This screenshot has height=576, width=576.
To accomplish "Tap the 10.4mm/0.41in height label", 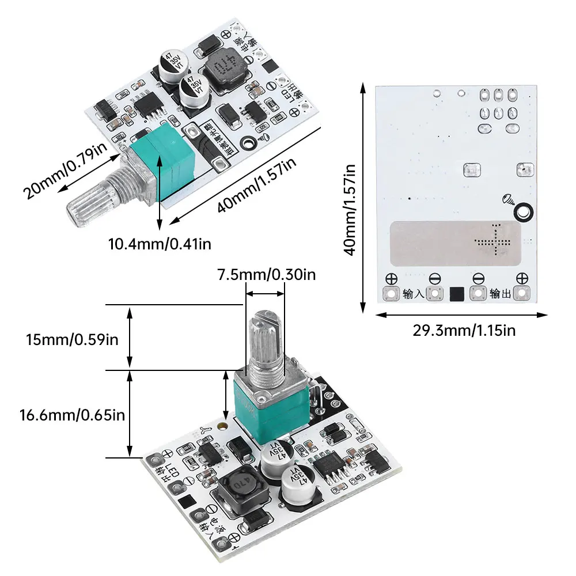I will pos(160,244).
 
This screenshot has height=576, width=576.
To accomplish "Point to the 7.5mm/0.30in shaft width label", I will pos(266,275).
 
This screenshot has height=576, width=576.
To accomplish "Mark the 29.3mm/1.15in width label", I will pos(464,330).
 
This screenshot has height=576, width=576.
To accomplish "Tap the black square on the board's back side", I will pos(456,294).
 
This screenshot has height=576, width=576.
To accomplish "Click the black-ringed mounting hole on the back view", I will pos(523,212).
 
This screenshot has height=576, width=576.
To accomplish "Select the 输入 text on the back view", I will pos(414,294).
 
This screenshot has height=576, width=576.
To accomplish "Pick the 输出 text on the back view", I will pos(499,294).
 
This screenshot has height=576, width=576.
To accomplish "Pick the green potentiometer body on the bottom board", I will pos(259,410).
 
